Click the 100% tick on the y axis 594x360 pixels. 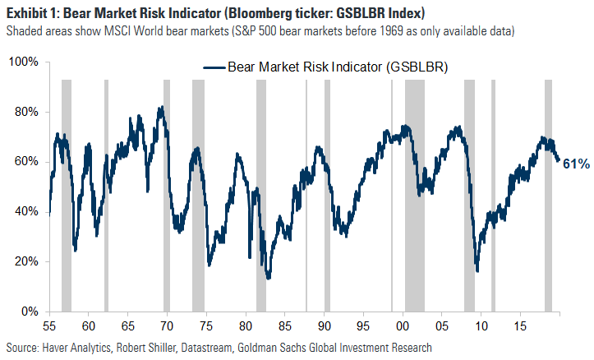click(x=23, y=62)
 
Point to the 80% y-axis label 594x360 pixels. click(x=26, y=113)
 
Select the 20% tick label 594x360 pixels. click(x=26, y=262)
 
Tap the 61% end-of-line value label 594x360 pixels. click(x=575, y=164)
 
